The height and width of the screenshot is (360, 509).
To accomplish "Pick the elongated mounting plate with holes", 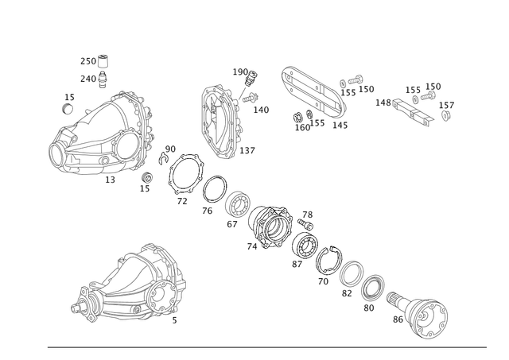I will click(315, 95).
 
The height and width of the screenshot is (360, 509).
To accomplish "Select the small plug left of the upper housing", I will click(67, 101).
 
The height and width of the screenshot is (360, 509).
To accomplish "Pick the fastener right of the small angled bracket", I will click(445, 107).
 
